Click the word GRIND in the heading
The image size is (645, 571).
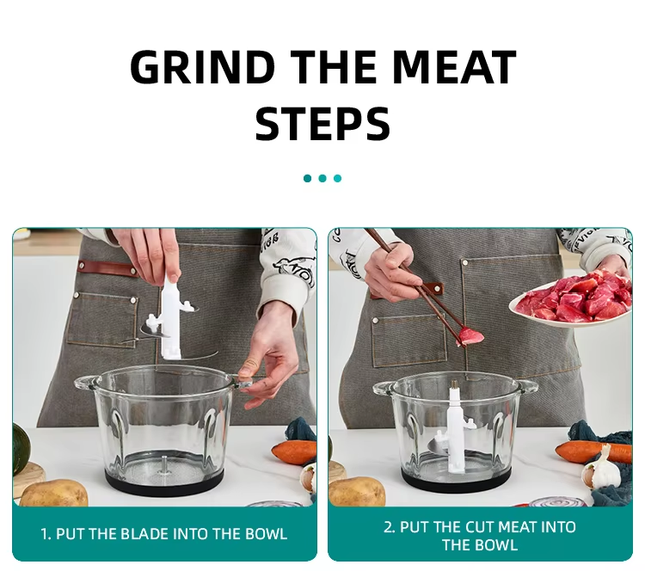point(203,66)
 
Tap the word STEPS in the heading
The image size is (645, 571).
point(322,124)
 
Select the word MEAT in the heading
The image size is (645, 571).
point(454,66)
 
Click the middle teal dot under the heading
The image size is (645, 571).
point(322,178)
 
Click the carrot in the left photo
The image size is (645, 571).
point(293,451)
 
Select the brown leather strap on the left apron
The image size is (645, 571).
point(108,268)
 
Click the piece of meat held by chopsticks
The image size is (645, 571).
point(470,335)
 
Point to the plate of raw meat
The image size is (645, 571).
point(571,299)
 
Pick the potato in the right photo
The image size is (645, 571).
point(357,492)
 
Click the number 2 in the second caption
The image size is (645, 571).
point(388,527)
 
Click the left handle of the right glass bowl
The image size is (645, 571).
point(383,389)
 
